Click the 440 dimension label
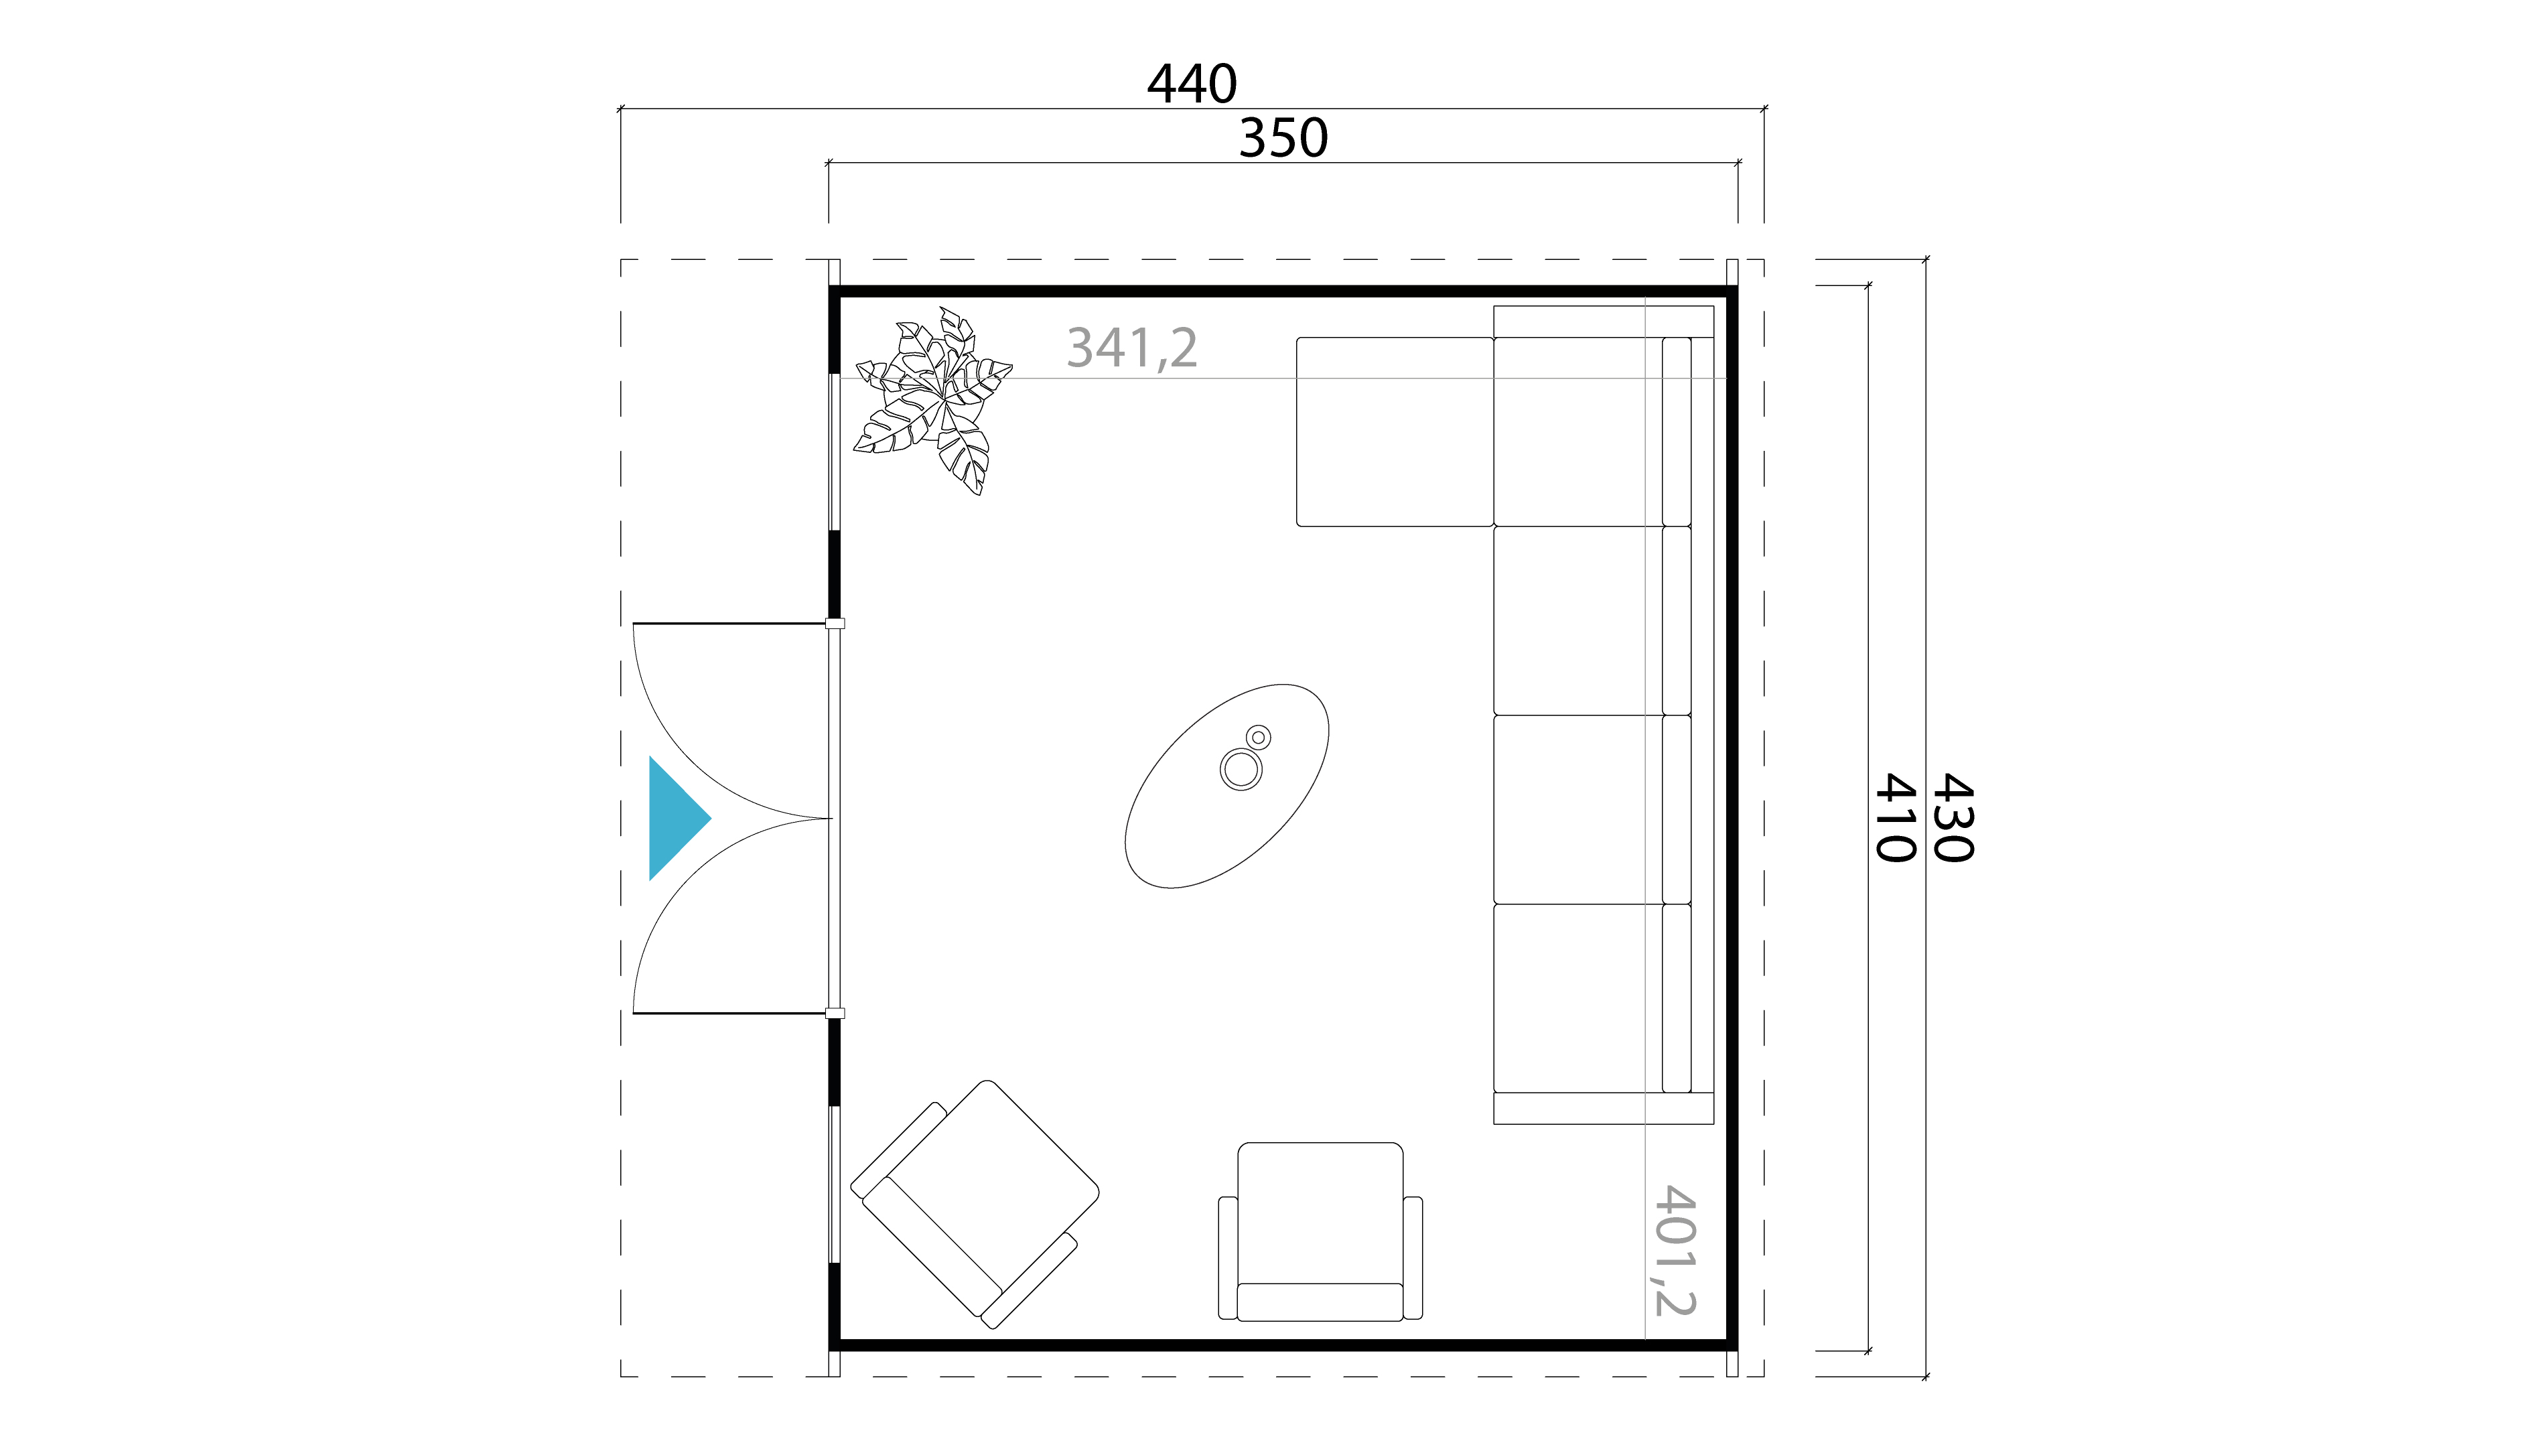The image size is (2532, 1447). click(x=1192, y=84)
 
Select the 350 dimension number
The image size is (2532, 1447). click(x=1283, y=138)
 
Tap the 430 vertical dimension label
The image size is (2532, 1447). click(x=1952, y=818)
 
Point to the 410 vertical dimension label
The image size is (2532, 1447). click(x=1894, y=818)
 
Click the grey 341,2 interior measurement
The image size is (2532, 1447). click(x=1132, y=348)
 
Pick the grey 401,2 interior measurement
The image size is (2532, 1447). click(x=1675, y=1250)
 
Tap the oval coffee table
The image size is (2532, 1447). click(x=1226, y=785)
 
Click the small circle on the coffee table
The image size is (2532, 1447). click(x=1258, y=738)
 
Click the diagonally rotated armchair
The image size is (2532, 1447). click(x=975, y=1204)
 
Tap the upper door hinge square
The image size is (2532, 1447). click(x=835, y=623)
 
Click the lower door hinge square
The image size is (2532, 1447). click(x=835, y=1014)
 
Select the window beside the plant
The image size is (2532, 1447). click(x=835, y=452)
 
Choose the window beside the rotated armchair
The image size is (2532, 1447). click(x=835, y=1184)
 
